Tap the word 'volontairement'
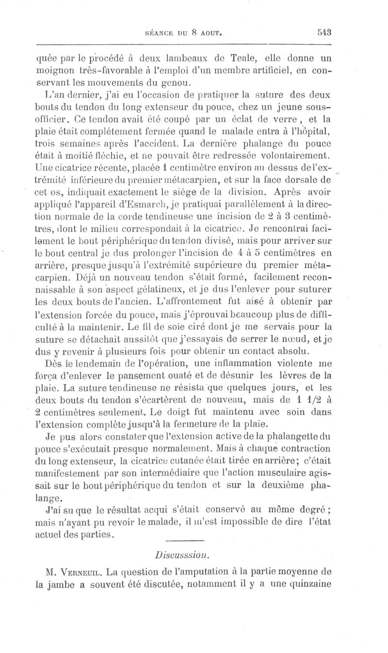[x=292, y=156]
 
